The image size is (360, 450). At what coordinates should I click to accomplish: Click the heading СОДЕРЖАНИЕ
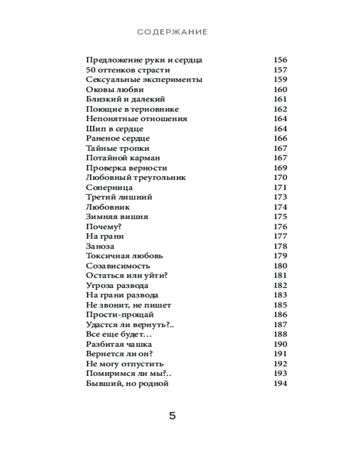point(172,32)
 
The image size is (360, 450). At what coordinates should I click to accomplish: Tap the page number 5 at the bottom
point(172,415)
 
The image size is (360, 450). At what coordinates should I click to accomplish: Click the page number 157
point(280,70)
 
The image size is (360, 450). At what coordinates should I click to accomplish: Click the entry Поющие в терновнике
point(132,109)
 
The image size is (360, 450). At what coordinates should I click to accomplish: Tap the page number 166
point(280,138)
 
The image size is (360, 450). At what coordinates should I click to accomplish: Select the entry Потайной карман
point(123,158)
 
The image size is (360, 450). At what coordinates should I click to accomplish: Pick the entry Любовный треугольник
point(135,177)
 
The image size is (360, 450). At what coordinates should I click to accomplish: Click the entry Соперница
point(109,187)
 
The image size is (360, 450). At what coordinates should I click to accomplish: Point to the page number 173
point(280,197)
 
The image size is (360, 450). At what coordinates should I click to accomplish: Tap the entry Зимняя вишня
point(117,216)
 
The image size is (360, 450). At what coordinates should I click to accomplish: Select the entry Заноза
point(100,246)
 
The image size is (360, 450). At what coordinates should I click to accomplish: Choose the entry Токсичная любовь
point(124,256)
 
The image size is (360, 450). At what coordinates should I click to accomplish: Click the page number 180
point(280,265)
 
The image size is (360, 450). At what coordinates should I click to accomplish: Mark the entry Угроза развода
point(117,285)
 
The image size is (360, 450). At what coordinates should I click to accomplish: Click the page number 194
point(280,383)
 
